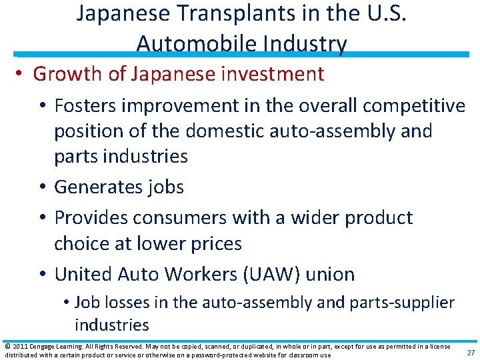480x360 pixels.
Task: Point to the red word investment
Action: [x=271, y=74]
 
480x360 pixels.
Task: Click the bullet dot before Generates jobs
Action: [x=45, y=187]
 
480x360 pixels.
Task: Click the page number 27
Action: [x=470, y=353]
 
